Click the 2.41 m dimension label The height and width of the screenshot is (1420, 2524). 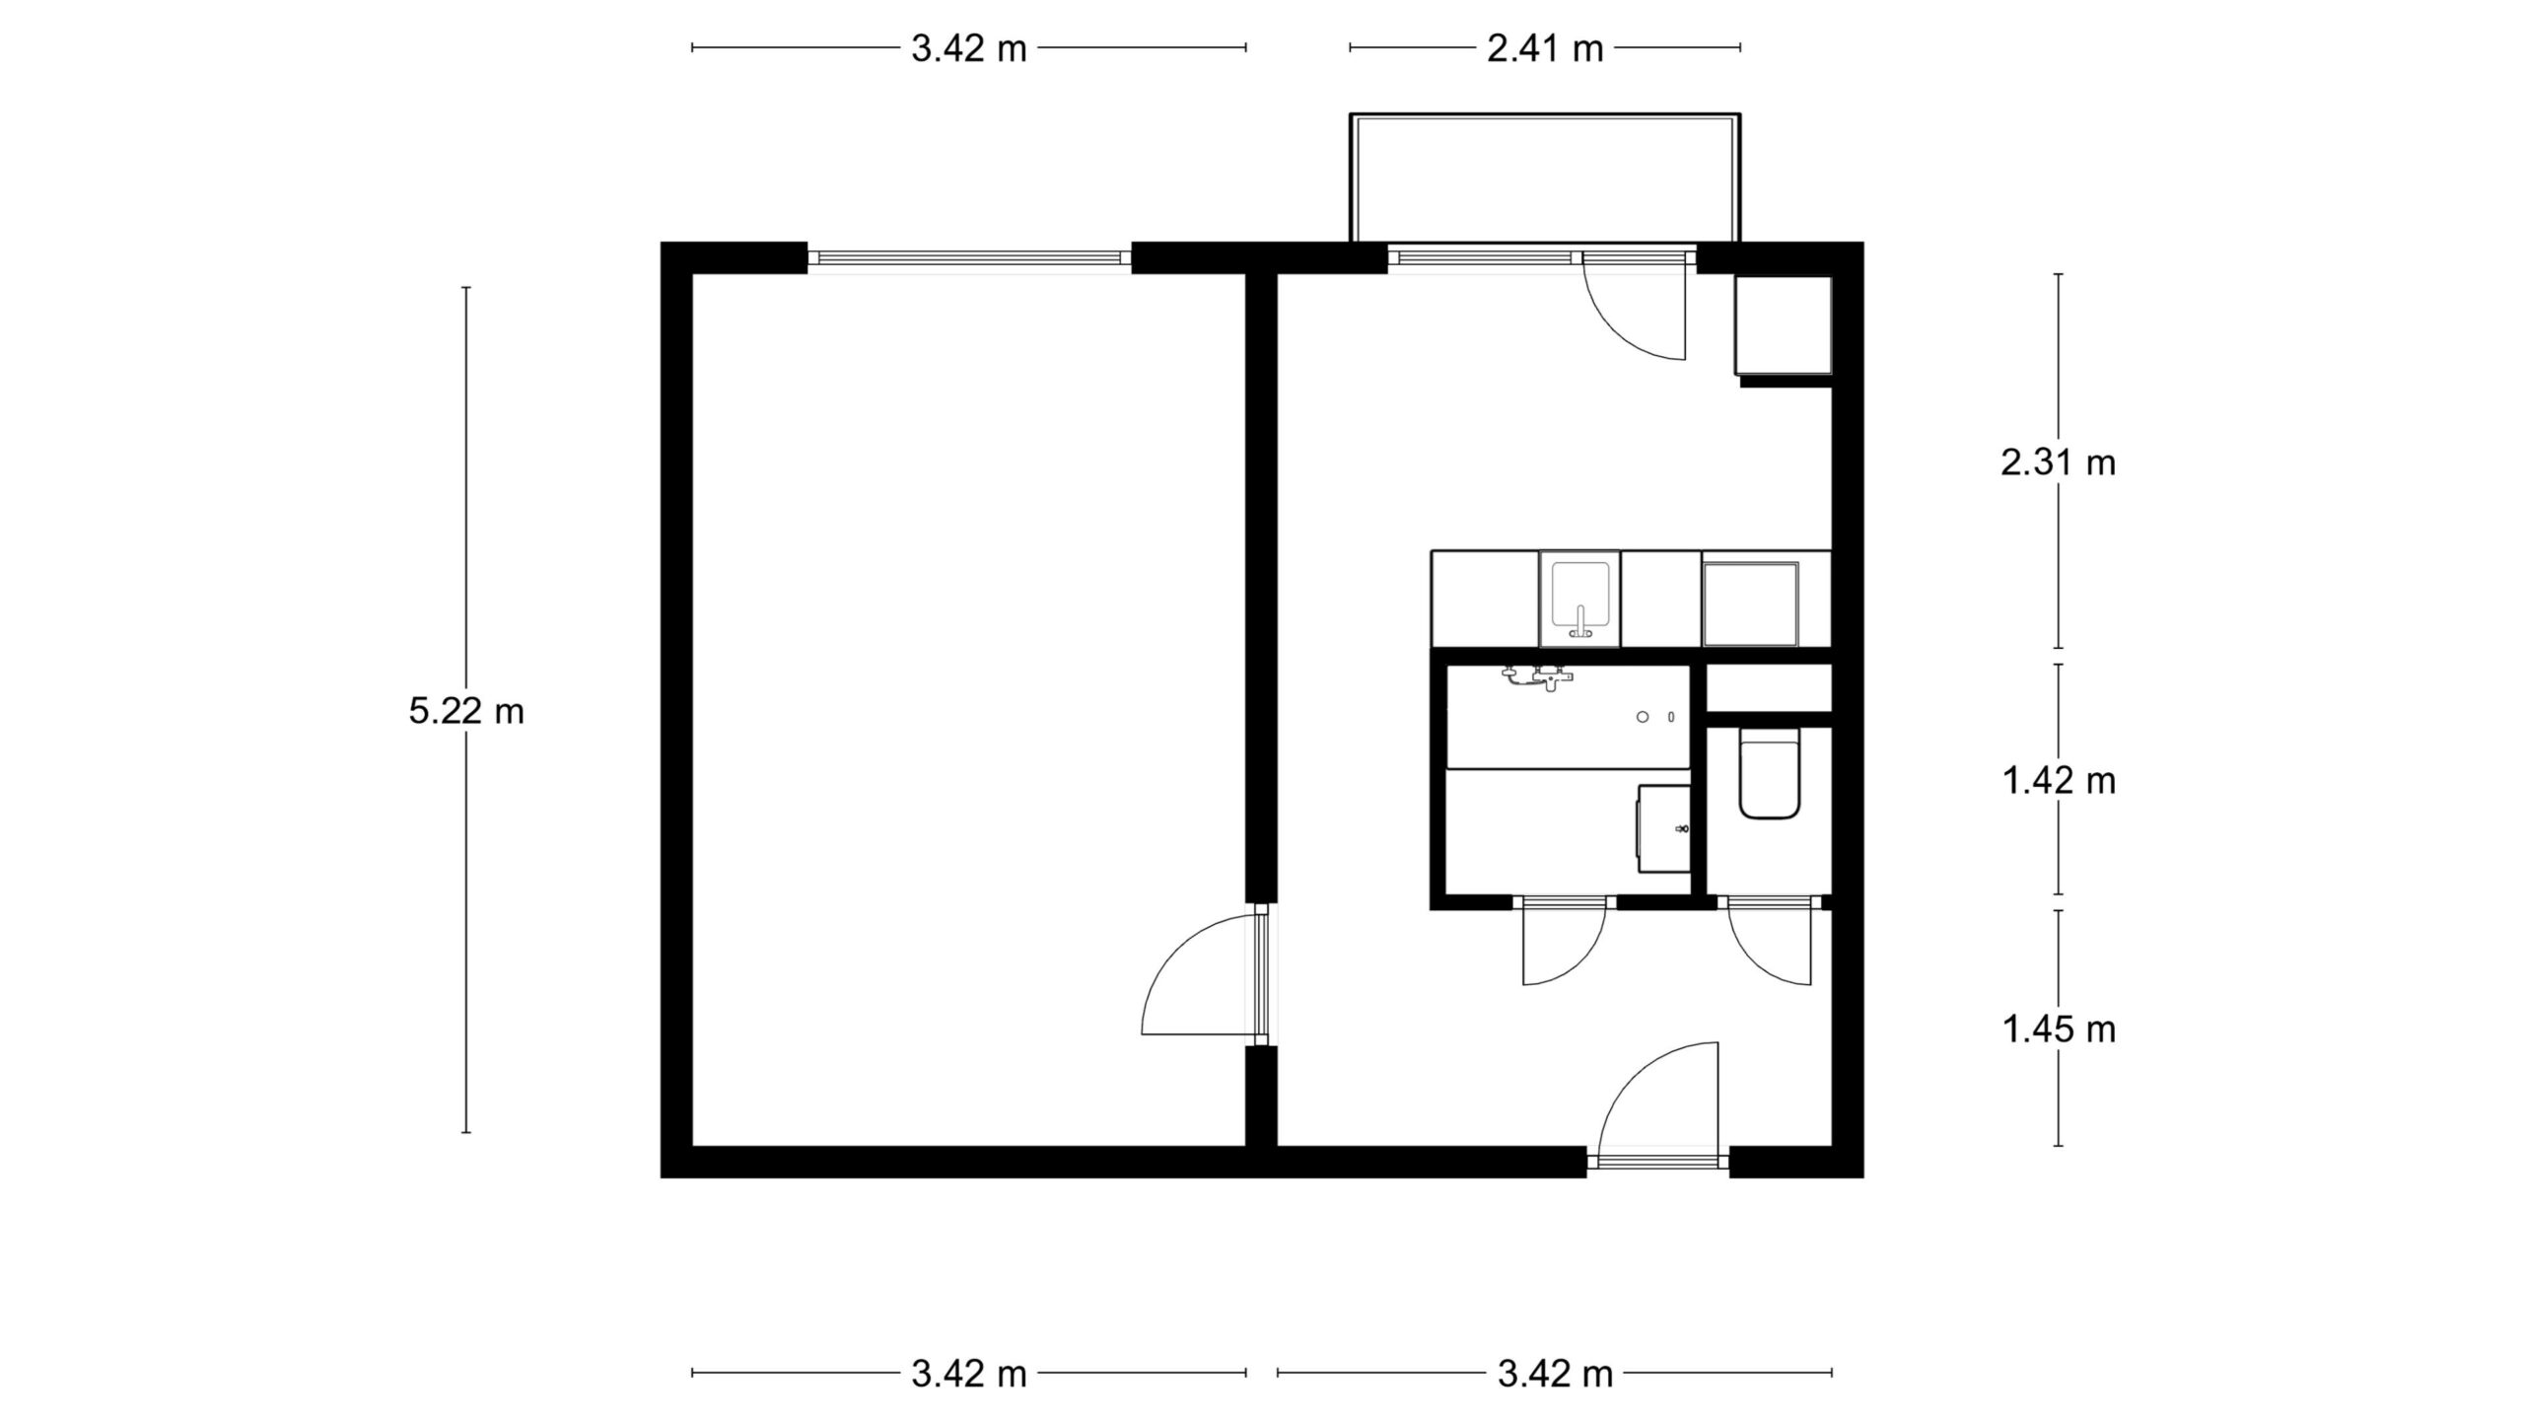pos(1545,48)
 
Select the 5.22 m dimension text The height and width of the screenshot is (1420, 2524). pos(466,711)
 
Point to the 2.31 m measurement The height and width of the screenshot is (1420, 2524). pos(2059,462)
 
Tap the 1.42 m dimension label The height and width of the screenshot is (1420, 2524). pos(2059,781)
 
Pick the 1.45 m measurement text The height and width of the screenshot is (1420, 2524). pos(2059,1029)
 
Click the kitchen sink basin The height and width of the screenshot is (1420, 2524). pos(1580,599)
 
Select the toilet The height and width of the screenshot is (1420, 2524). pos(1771,774)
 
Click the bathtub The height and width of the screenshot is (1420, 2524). pos(1569,717)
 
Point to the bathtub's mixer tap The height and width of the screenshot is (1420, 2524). pos(1538,678)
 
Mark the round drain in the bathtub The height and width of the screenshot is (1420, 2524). pos(1643,717)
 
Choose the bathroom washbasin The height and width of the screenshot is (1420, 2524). pos(1664,828)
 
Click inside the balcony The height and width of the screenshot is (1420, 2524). pos(1545,178)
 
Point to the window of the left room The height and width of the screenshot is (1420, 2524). pos(969,258)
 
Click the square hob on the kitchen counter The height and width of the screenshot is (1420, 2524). pos(1751,603)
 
